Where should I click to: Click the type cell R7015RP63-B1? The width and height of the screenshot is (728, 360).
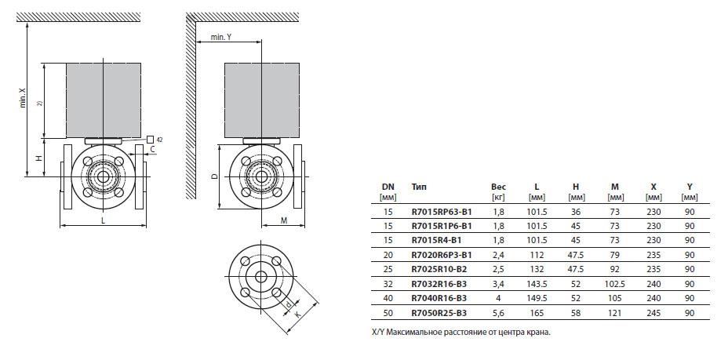pos(442,212)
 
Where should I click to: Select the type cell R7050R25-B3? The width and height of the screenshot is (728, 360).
pos(439,313)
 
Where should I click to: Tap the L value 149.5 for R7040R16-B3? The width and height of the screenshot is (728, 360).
pos(537,298)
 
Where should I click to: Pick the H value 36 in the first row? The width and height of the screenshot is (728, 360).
pos(576,212)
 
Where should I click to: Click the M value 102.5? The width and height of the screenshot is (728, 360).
pos(615,284)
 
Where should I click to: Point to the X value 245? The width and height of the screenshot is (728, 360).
pos(653,313)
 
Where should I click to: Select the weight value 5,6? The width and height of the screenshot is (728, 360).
pos(498,313)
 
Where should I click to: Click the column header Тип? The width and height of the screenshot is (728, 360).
pos(419,187)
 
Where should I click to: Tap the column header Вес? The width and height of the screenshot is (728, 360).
pos(498,187)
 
